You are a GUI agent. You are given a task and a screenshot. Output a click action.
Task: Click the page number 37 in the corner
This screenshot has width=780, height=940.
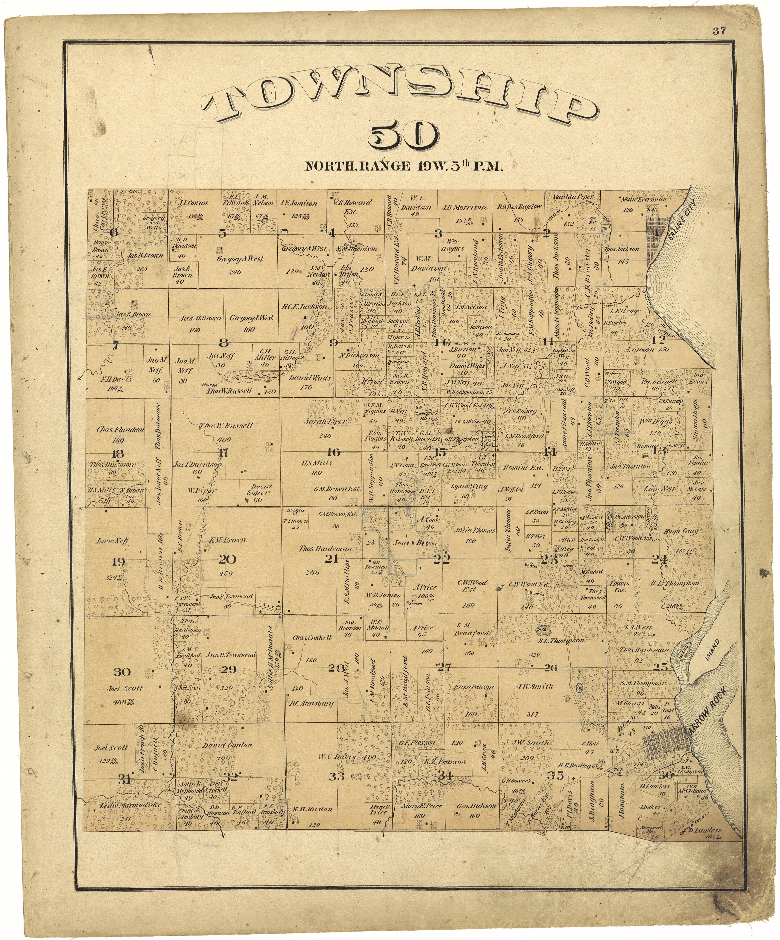pos(719,31)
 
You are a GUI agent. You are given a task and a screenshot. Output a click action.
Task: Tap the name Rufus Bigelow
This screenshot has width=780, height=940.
pos(520,207)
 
